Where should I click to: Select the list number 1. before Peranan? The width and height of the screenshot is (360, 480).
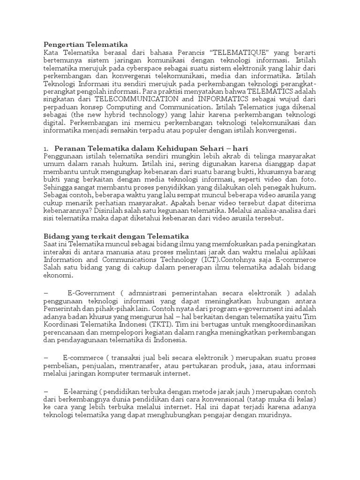[x=46, y=149]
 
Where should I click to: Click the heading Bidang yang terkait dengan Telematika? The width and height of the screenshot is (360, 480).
[x=116, y=236]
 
